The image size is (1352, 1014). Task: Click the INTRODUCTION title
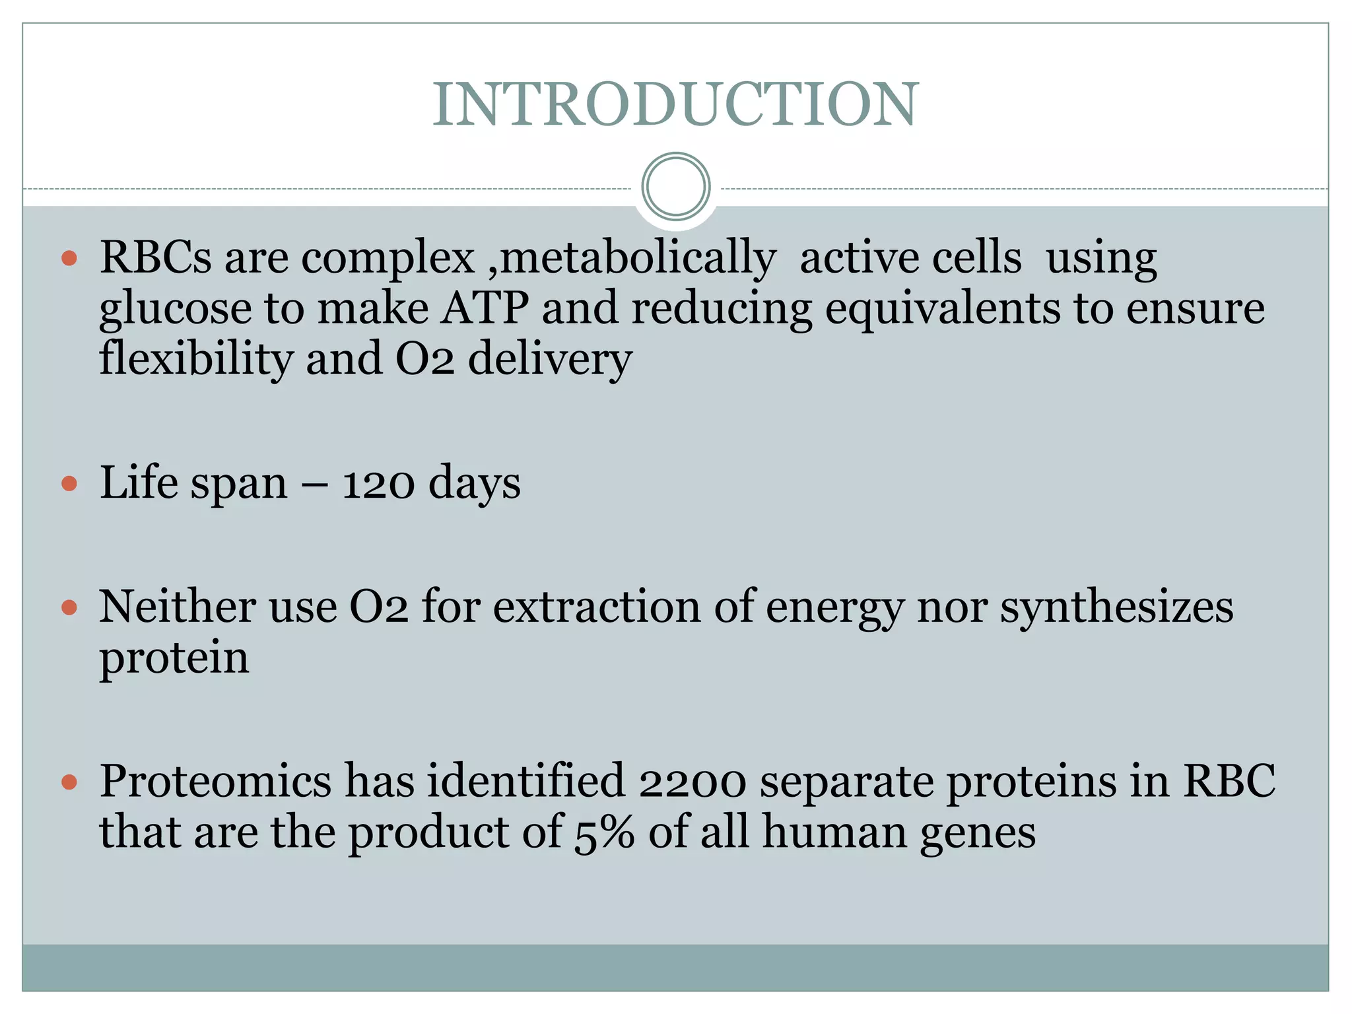pos(675,105)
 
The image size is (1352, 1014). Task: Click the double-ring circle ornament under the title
pos(675,187)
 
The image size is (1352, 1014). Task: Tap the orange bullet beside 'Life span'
pos(69,485)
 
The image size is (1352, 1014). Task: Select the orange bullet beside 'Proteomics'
pos(69,783)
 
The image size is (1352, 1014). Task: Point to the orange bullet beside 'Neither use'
pos(69,607)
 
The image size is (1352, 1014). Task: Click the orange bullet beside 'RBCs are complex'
pos(69,258)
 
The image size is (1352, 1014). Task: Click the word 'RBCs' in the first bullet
pos(156,258)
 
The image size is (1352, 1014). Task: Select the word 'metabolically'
pos(638,258)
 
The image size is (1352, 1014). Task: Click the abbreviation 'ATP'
pos(485,308)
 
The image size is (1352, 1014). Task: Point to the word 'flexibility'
pos(196,360)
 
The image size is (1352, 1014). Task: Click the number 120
pos(378,485)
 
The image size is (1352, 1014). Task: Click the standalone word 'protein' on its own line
pos(174,659)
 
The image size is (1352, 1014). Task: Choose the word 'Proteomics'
pos(215,783)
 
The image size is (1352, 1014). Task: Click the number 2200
pos(693,783)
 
